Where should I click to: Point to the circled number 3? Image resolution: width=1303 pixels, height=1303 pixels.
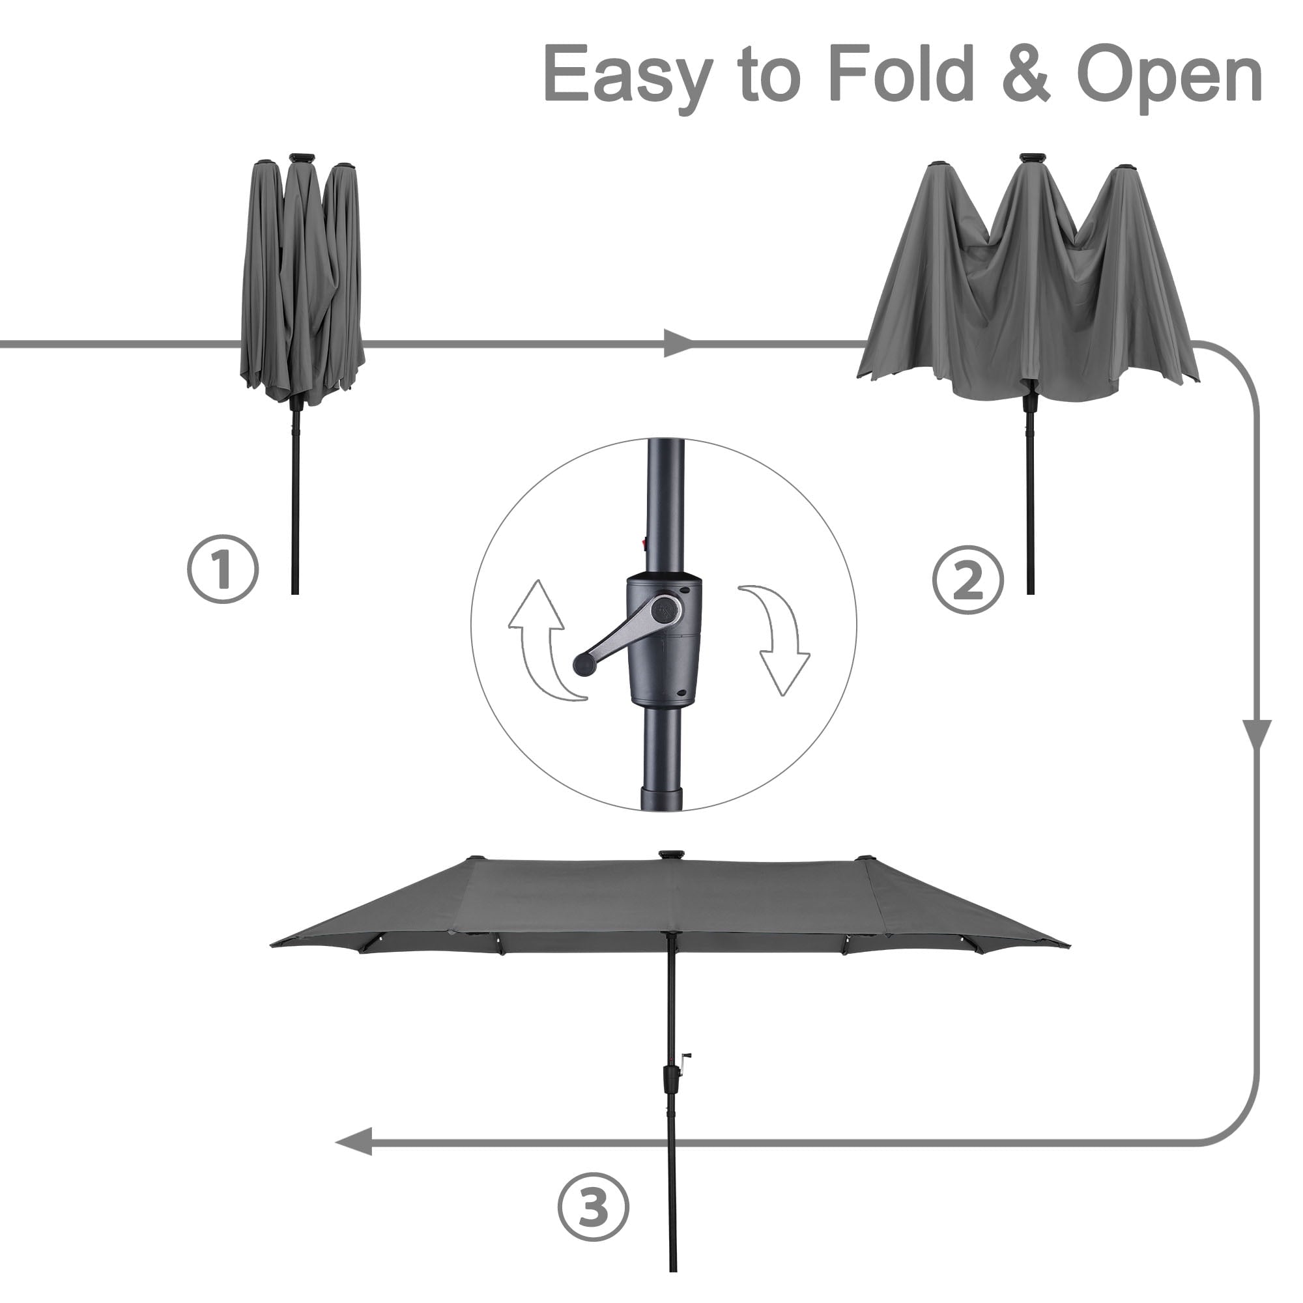593,1206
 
